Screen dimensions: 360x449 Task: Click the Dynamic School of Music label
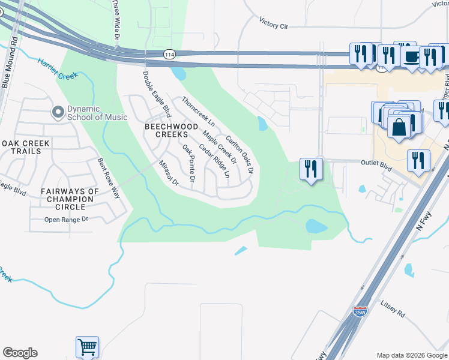(x=97, y=113)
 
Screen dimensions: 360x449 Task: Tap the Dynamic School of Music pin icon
(x=58, y=112)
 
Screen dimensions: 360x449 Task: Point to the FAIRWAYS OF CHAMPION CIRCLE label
(x=70, y=199)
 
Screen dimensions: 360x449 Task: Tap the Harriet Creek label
(x=59, y=69)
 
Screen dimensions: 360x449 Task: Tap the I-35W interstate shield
(x=360, y=311)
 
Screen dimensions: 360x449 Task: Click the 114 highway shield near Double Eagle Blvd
(x=170, y=54)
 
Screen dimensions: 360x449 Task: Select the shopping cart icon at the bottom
(x=87, y=346)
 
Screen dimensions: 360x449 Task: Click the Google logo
(x=20, y=353)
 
